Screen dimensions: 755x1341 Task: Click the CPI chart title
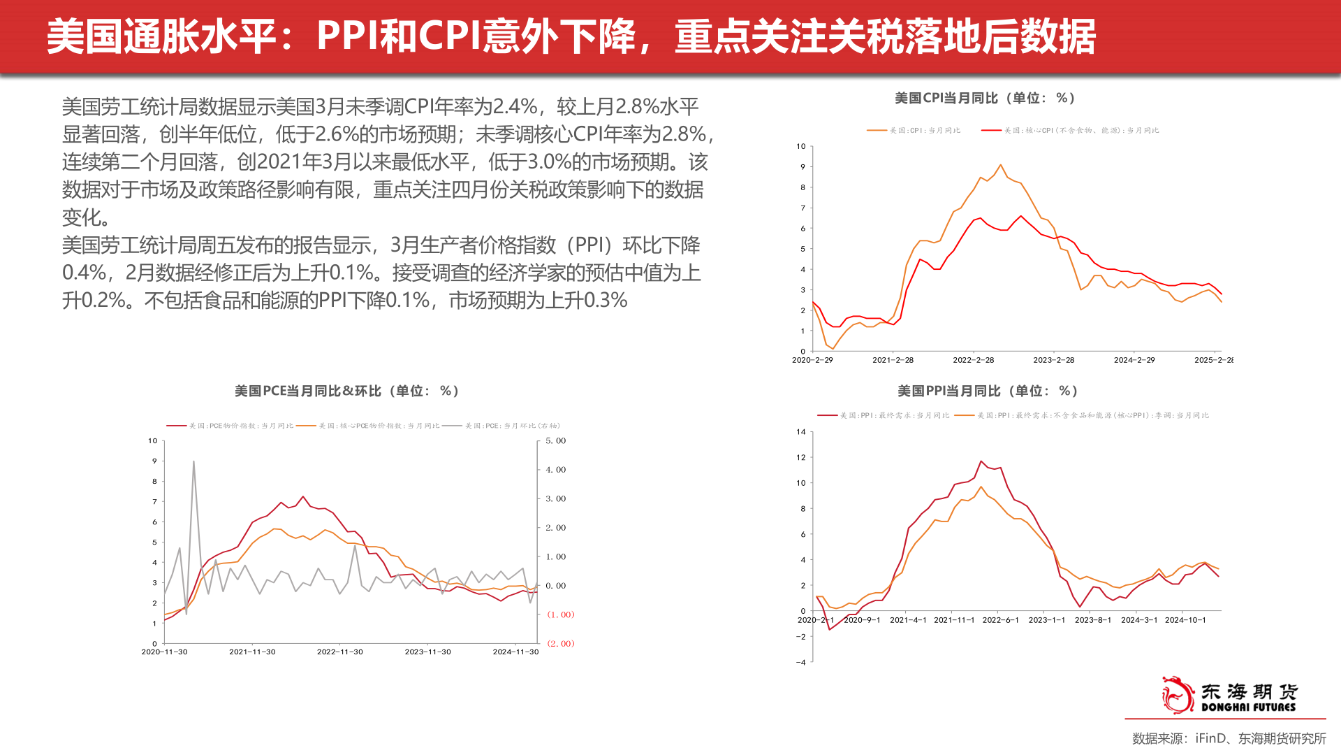[985, 99]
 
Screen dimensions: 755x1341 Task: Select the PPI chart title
[988, 391]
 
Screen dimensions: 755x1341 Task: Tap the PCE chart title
[346, 391]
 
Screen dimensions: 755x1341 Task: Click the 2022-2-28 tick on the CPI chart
[973, 360]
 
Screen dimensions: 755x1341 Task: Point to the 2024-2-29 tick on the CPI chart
[1134, 360]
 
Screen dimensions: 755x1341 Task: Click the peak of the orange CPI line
[1000, 165]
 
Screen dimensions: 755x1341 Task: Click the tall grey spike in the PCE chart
[193, 462]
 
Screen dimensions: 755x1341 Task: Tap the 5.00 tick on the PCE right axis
[555, 441]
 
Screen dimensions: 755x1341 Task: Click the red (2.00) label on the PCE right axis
[560, 644]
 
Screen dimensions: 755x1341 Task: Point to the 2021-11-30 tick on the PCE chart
[252, 652]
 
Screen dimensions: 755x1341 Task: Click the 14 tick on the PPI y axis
[801, 432]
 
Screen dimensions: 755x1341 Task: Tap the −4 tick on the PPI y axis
[800, 663]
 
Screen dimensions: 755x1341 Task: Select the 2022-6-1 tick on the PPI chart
[1000, 620]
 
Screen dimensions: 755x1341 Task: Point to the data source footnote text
[1229, 739]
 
